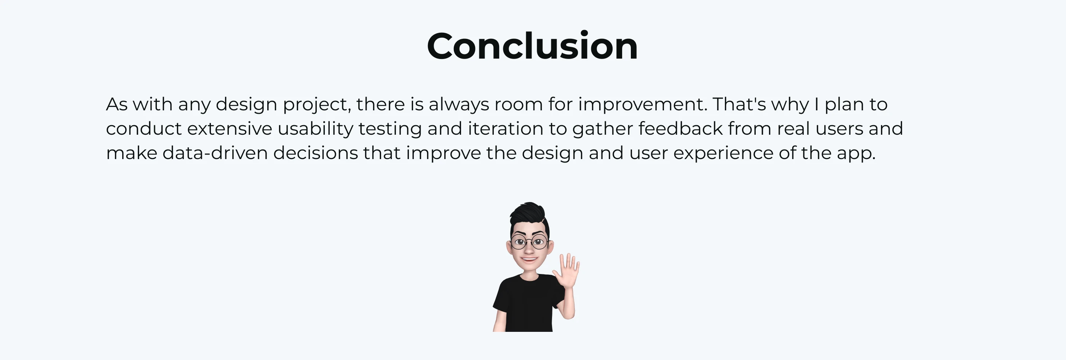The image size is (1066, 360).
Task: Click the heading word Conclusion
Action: (x=532, y=46)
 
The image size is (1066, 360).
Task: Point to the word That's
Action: (x=739, y=104)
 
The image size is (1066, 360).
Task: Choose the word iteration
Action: (x=505, y=129)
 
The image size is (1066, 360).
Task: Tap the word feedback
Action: (x=680, y=129)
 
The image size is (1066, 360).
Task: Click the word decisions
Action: (x=315, y=153)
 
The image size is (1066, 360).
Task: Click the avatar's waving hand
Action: (x=567, y=271)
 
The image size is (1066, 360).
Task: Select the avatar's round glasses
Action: (x=529, y=242)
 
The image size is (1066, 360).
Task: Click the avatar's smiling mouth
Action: (x=529, y=260)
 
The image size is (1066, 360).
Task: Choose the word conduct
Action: (x=144, y=129)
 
